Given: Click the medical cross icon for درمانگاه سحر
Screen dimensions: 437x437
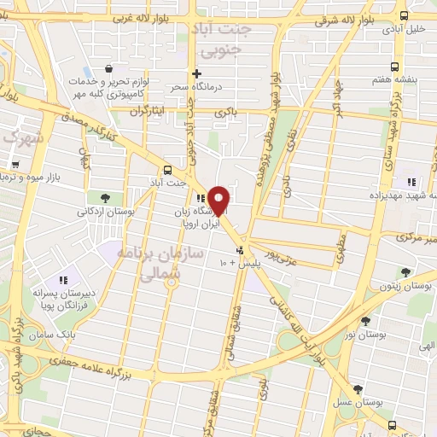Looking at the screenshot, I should [196, 73].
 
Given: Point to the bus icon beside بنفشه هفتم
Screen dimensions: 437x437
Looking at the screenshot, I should [393, 67].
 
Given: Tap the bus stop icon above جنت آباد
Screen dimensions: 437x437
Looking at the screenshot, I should [166, 169].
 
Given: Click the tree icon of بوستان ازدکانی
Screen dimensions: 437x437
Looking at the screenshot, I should [104, 198].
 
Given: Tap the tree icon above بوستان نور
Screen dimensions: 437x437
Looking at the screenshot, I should [365, 321].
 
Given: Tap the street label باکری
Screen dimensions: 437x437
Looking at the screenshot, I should [224, 112].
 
